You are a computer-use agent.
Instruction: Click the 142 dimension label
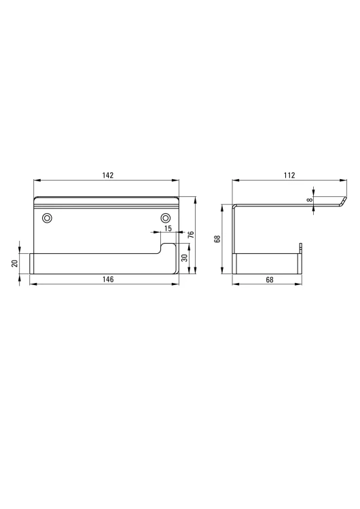(x=107, y=175)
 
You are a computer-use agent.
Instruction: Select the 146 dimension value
(x=107, y=279)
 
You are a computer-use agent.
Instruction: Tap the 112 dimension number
(x=289, y=175)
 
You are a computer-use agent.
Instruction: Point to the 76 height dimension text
(x=191, y=234)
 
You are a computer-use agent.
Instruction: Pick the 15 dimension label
(x=168, y=229)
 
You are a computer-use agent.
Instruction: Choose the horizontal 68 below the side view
(x=269, y=279)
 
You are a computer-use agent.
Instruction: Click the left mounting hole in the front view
(x=47, y=218)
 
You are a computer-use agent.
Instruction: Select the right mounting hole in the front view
(x=166, y=218)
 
